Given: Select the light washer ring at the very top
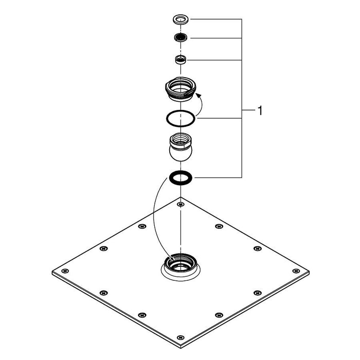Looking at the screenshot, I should click(x=180, y=20).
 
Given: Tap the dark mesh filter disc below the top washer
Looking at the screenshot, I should click(x=180, y=38).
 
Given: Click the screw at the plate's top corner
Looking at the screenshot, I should click(x=180, y=205).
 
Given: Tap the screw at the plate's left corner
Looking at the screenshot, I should click(x=64, y=271).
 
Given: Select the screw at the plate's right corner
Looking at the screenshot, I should click(x=296, y=271).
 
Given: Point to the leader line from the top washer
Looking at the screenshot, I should click(x=216, y=20).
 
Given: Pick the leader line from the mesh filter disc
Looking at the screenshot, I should click(x=216, y=38).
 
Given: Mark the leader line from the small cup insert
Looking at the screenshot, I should click(x=216, y=60).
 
